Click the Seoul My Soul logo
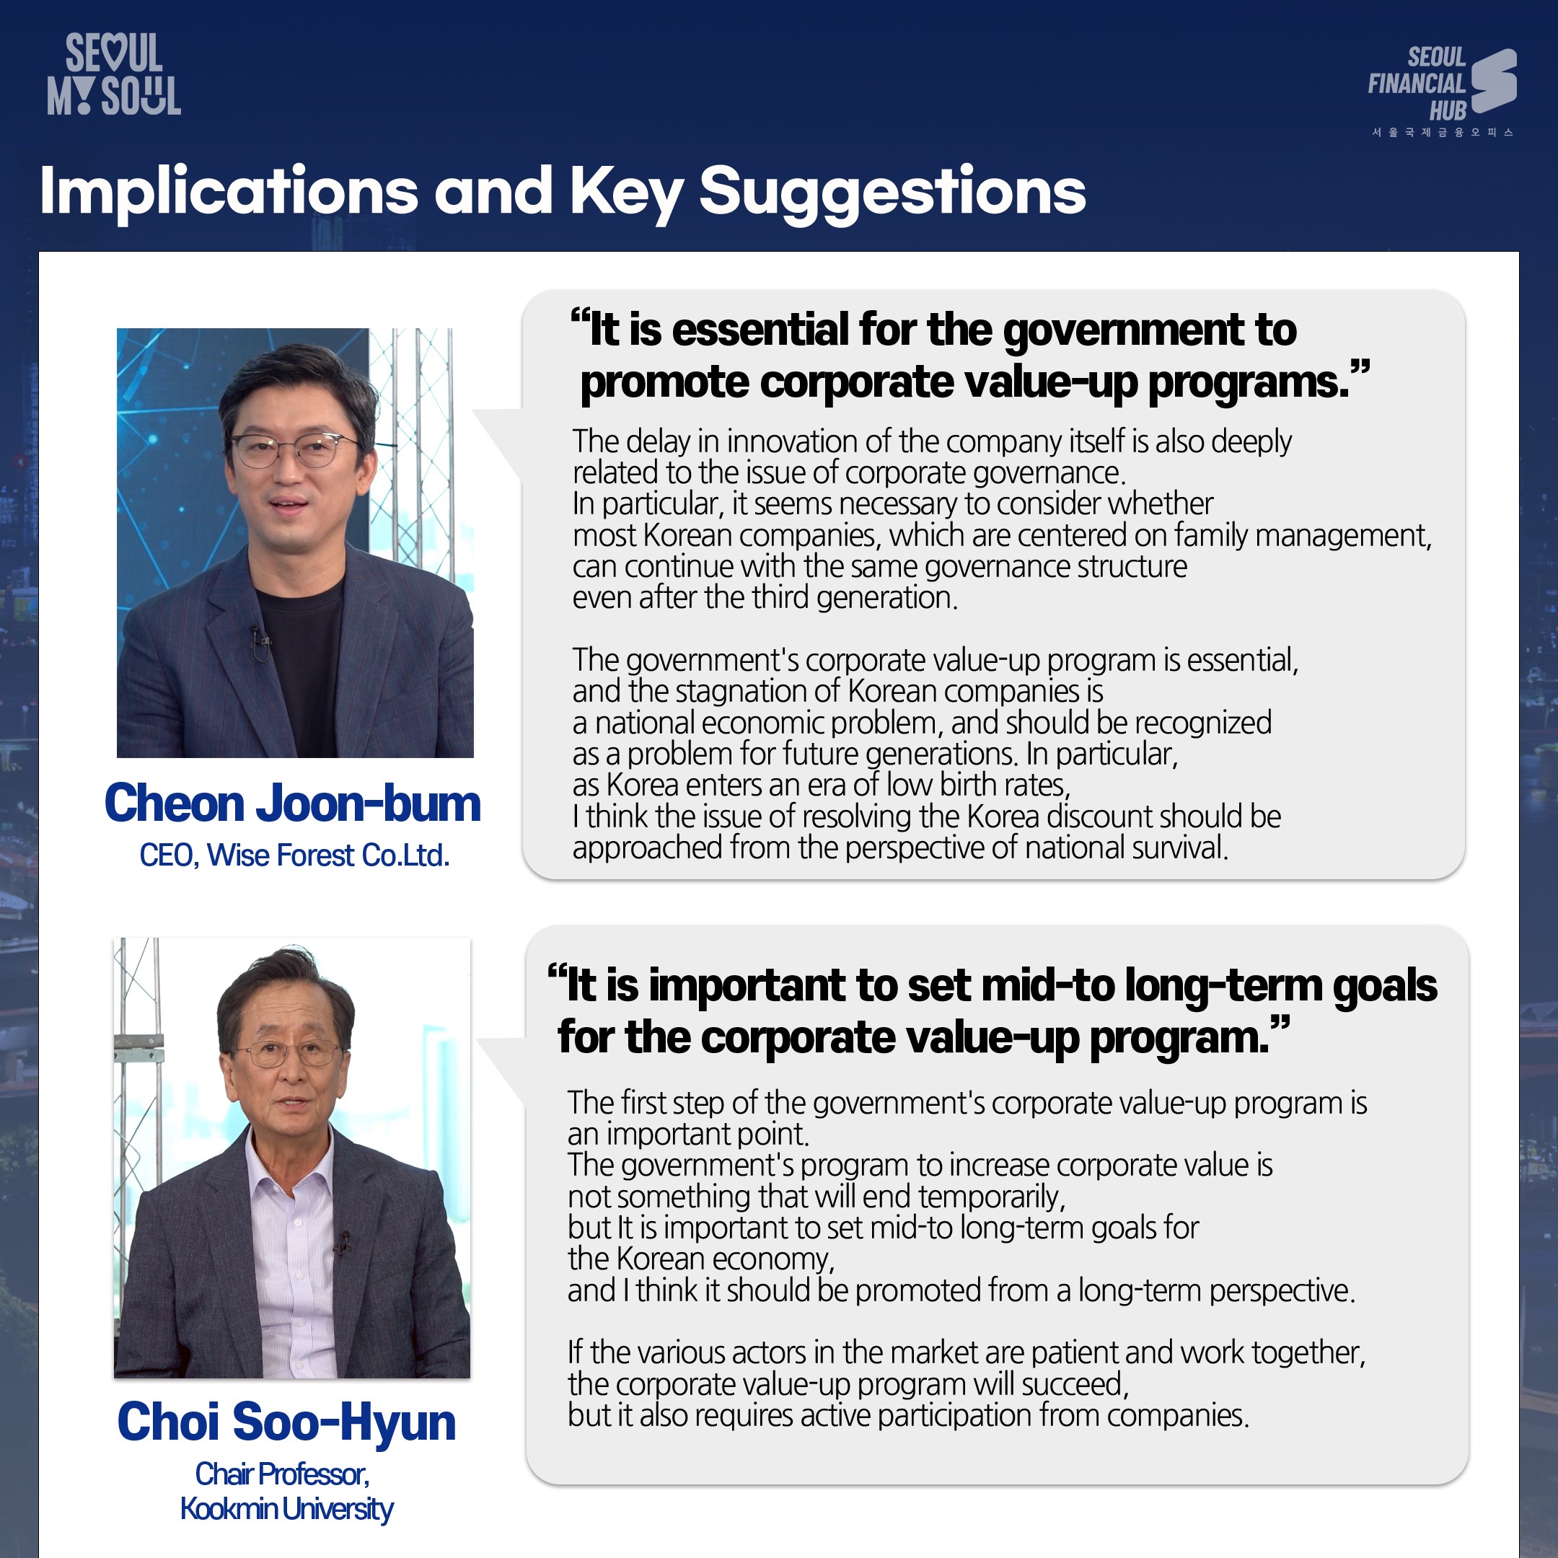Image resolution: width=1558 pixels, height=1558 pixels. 114,74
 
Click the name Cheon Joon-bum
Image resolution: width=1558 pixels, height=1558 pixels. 293,804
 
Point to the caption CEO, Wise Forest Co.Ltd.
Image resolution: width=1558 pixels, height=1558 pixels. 294,855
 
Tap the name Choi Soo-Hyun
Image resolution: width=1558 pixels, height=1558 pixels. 287,1422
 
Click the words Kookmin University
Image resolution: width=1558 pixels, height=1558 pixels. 287,1509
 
